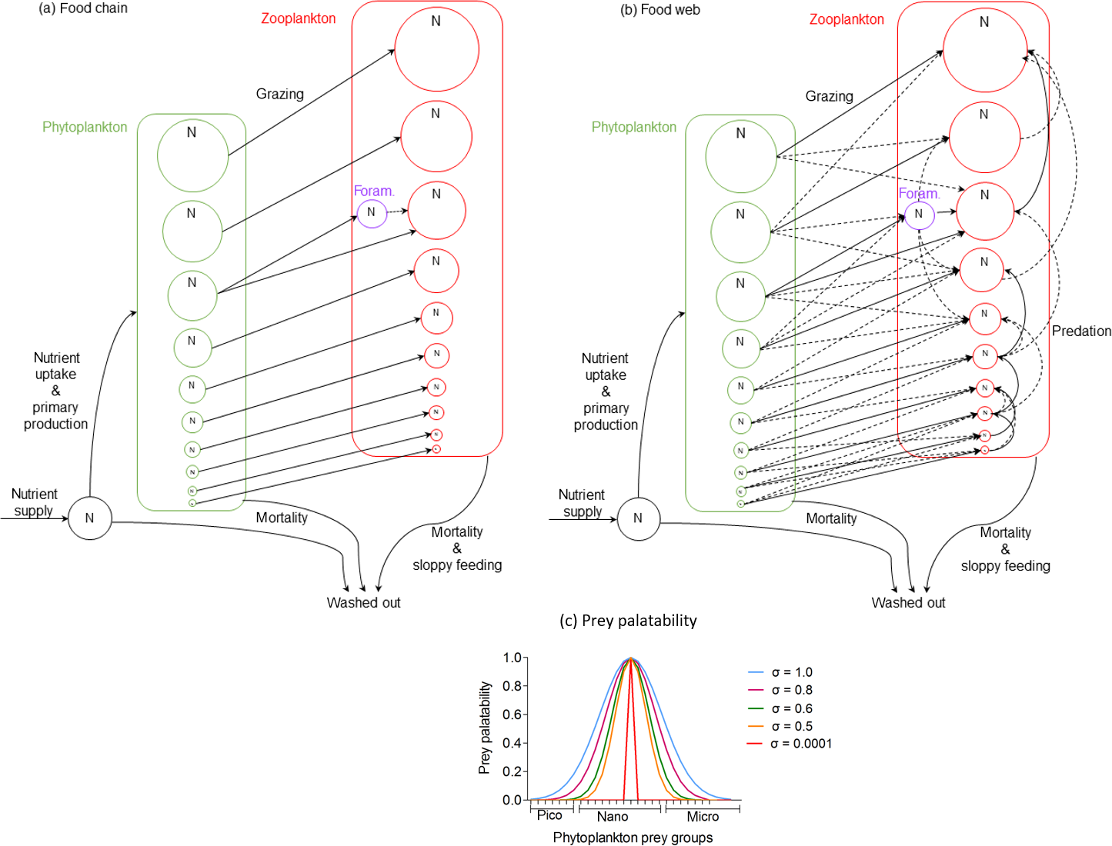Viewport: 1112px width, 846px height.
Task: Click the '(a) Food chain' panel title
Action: click(x=83, y=8)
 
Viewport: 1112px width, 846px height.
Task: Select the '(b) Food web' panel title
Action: click(x=660, y=10)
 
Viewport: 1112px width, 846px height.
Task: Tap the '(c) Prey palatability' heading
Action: click(x=628, y=621)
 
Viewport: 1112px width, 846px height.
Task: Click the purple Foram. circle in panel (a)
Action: click(x=372, y=213)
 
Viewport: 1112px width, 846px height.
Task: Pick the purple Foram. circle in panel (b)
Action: click(x=919, y=215)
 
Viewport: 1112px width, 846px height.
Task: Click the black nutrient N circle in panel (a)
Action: click(x=90, y=518)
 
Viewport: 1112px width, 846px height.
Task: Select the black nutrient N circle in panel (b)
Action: click(x=638, y=518)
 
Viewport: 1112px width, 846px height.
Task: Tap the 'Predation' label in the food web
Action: click(x=1081, y=331)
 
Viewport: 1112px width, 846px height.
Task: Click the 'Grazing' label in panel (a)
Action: click(x=280, y=94)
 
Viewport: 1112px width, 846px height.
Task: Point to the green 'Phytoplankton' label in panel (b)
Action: click(x=633, y=127)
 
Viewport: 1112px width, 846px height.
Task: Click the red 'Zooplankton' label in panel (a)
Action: click(x=298, y=18)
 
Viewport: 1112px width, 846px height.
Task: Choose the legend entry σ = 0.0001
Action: click(x=801, y=744)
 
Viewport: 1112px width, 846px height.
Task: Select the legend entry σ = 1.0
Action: click(x=792, y=672)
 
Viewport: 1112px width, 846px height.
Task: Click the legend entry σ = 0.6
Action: click(x=792, y=708)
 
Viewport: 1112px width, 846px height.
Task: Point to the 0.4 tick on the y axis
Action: click(x=513, y=743)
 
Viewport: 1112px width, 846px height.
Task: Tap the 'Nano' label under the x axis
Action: click(x=613, y=817)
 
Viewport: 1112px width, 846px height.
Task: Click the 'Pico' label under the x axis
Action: click(x=549, y=815)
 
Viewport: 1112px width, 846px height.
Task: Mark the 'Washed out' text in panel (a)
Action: click(x=363, y=603)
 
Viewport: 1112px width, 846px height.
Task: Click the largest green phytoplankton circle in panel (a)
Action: click(x=192, y=155)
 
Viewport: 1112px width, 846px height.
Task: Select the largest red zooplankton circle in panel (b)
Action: click(x=984, y=50)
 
